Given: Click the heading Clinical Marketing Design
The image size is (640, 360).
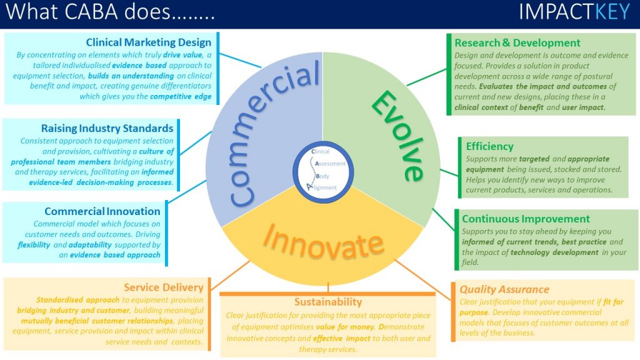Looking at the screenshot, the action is point(149,42).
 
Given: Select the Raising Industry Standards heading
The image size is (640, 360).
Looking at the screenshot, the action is point(107,128).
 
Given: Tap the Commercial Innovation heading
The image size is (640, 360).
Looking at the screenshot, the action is point(102,211).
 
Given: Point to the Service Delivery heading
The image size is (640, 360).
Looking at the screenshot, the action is point(164,287).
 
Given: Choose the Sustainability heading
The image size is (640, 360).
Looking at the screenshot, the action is point(328,302).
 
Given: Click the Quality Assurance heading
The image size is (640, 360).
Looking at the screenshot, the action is point(504,289).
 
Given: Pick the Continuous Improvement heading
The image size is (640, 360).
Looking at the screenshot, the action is point(526,219).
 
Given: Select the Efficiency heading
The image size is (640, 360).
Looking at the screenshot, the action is point(490,146).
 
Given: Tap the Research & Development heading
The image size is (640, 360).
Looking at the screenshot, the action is point(517,43).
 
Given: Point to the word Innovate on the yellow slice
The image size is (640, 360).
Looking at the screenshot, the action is point(323,242).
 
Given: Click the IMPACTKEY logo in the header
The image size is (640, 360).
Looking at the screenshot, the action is point(574,12).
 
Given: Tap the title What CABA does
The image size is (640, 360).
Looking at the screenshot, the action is point(110,11).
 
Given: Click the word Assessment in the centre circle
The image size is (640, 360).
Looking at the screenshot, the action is point(330,164).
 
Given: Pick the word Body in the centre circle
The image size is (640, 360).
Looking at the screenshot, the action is point(322,176).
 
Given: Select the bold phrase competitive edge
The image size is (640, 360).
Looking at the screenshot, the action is point(181,97).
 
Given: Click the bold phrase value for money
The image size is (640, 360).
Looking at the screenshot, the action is point(345,327).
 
